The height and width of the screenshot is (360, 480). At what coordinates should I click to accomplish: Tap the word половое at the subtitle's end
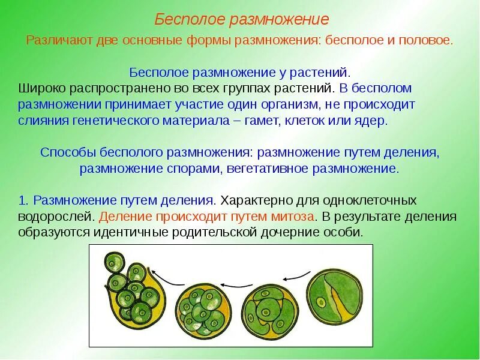click(428, 40)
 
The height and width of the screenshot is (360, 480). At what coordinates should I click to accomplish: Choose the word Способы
click(63, 152)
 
